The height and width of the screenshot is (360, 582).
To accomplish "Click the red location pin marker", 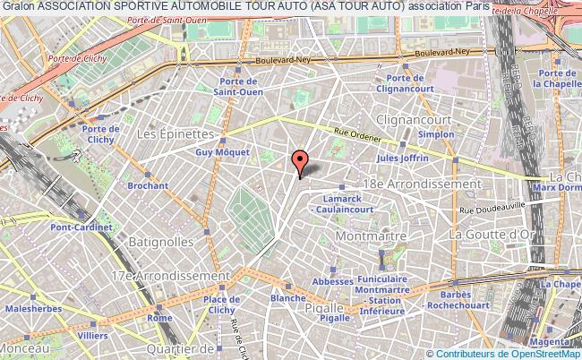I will coord(300,162).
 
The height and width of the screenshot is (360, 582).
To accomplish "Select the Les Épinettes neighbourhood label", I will coord(176,133).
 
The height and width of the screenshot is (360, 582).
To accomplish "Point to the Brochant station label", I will coord(148,185).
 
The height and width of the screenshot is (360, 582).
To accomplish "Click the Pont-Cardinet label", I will coord(87,228).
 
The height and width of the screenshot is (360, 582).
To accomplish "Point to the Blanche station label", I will coord(287,297).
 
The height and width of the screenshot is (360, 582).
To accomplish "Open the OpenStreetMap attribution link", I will coord(545,353).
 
